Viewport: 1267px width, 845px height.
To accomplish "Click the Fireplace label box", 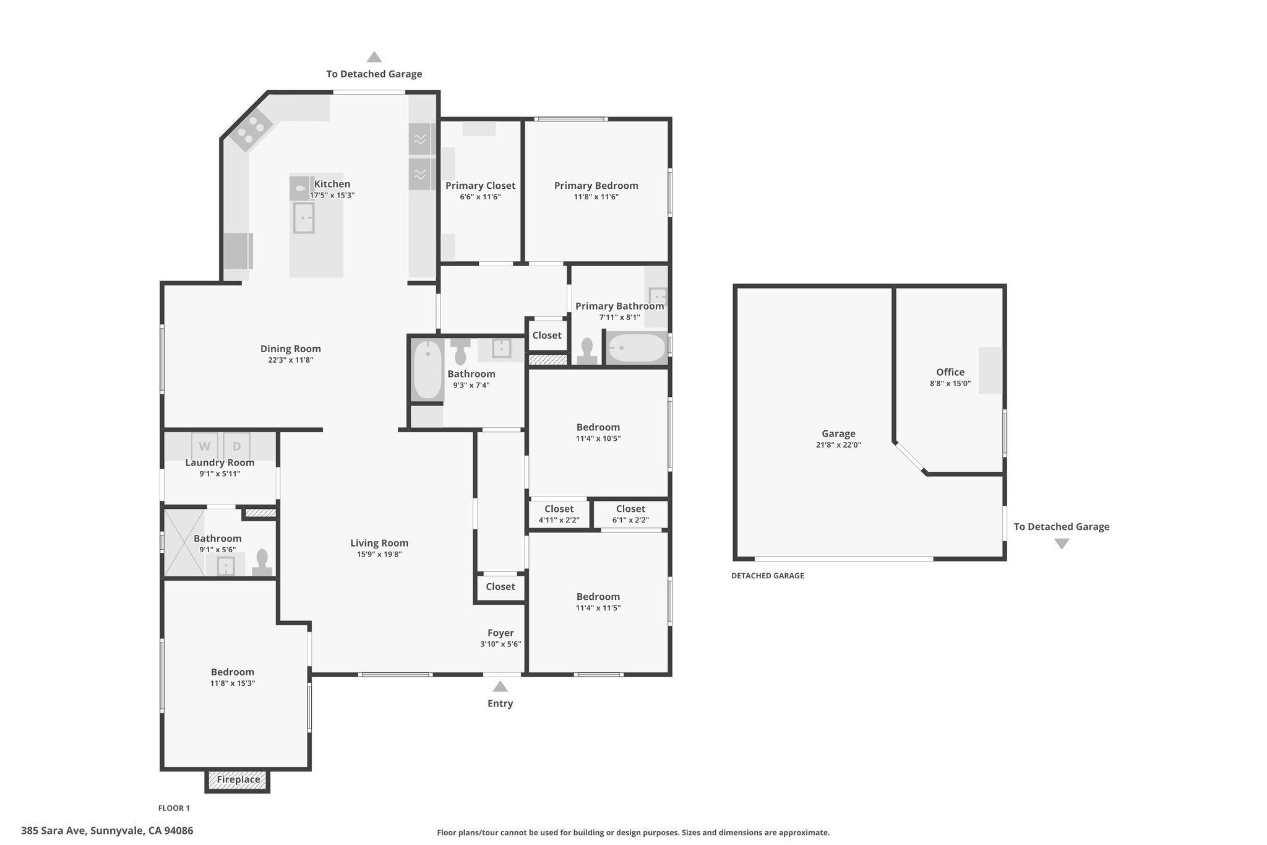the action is (x=238, y=780).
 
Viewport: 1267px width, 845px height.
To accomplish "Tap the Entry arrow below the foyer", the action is (x=500, y=687).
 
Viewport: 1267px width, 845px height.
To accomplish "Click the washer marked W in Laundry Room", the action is (x=204, y=446).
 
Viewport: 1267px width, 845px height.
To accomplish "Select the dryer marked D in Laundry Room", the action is (x=236, y=446).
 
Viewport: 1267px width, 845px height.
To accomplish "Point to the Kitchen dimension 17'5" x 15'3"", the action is (x=332, y=196).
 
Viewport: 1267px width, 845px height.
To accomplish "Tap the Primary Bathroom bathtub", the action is (x=636, y=348).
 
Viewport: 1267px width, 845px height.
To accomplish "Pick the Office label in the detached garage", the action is (x=950, y=372).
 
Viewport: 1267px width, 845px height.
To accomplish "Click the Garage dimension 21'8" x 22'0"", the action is (x=838, y=445).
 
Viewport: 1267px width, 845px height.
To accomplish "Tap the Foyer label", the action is (x=500, y=633).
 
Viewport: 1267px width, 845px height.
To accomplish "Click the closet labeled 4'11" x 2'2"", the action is (x=559, y=514).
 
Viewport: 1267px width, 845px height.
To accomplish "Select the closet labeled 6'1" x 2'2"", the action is (x=630, y=514).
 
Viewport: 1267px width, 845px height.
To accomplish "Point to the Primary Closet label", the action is (x=480, y=186).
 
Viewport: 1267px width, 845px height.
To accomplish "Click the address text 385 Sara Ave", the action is (x=55, y=831).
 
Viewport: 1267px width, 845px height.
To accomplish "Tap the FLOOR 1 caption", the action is (x=174, y=808).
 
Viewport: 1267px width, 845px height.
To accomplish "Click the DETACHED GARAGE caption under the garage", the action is (x=768, y=576).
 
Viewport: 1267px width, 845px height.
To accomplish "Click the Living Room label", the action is (x=379, y=543).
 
